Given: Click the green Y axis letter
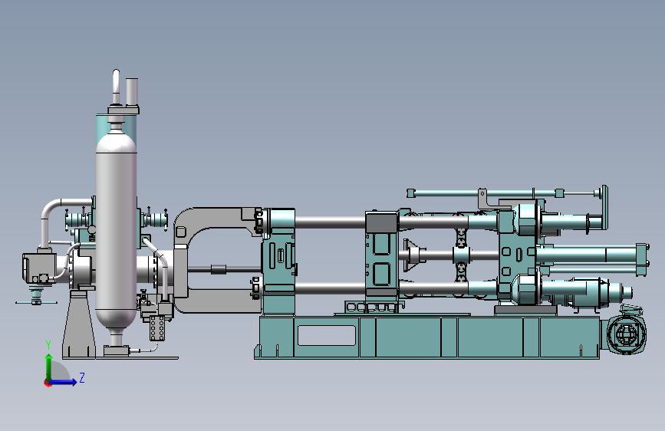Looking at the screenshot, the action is (48, 345).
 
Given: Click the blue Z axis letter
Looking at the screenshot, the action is (82, 377).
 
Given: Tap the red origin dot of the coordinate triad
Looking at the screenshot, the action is (47, 383).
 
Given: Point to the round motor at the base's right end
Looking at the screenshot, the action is (627, 335).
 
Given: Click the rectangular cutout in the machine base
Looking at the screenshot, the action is (327, 335).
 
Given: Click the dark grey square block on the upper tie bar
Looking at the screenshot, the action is (382, 223).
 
